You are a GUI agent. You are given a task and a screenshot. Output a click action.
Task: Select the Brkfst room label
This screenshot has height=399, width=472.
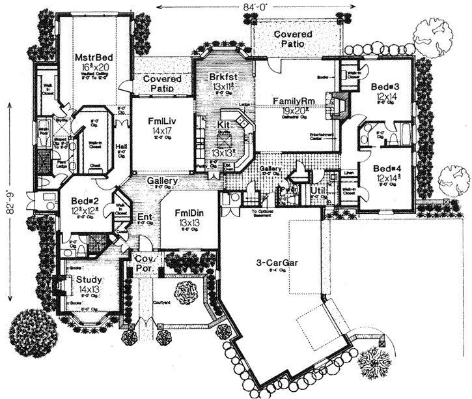(x=222, y=77)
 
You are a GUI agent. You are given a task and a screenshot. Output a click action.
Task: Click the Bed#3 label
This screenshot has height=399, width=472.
(x=383, y=87)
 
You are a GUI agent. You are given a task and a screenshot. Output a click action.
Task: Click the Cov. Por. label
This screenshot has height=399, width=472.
(x=143, y=262)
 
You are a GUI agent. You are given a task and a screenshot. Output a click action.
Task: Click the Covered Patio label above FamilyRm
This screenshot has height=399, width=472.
(x=292, y=38)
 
